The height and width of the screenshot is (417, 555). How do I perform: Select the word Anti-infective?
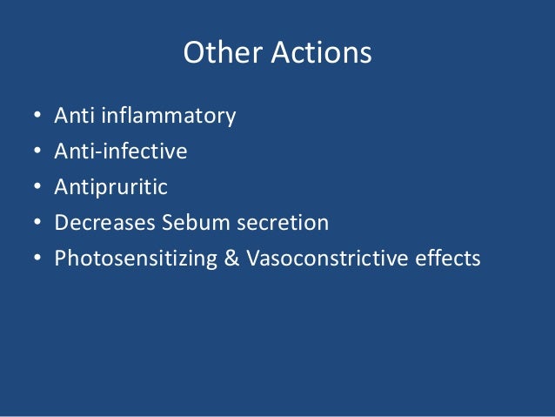coord(121,151)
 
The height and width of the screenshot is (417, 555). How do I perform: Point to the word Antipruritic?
coord(110,187)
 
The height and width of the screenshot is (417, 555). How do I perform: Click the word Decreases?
coord(104,223)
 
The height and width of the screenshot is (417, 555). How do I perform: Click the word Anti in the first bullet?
coord(72,116)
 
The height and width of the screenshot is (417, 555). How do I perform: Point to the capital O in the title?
coord(193,54)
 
